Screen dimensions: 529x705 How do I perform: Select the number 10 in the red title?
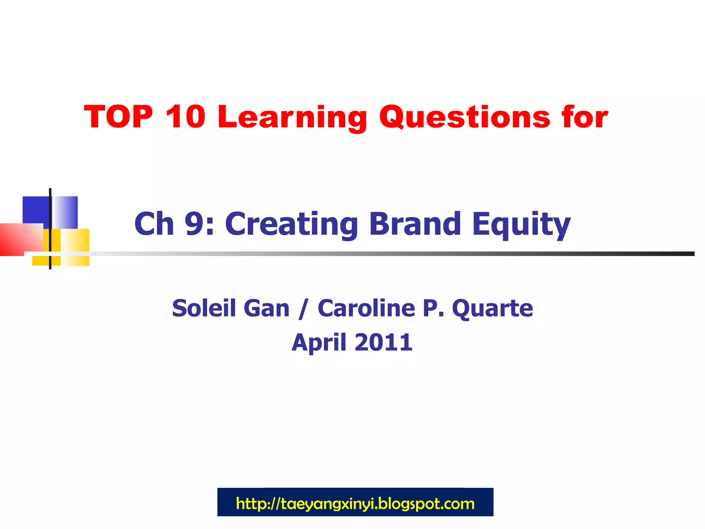point(185,117)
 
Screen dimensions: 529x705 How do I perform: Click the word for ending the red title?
point(585,117)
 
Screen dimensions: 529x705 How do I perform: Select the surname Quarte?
point(492,309)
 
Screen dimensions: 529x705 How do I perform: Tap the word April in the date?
point(319,343)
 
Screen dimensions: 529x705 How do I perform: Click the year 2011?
point(383,342)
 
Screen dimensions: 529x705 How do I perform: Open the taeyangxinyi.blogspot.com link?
point(355,504)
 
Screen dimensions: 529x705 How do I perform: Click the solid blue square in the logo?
point(35,210)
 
